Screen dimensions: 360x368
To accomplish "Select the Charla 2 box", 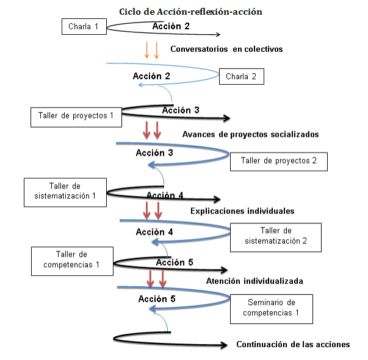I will click(x=245, y=77).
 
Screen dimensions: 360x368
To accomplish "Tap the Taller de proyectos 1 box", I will click(x=76, y=116).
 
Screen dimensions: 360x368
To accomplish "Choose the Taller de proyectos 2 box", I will click(x=279, y=161).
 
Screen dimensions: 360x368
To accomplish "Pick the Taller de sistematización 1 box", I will click(x=64, y=190).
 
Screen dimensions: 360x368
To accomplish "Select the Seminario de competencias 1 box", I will click(x=271, y=308).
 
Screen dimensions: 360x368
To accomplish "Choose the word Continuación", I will click(x=264, y=345).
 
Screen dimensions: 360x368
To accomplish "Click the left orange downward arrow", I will click(x=147, y=50).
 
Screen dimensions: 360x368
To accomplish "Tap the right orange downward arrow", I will click(x=157, y=50).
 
